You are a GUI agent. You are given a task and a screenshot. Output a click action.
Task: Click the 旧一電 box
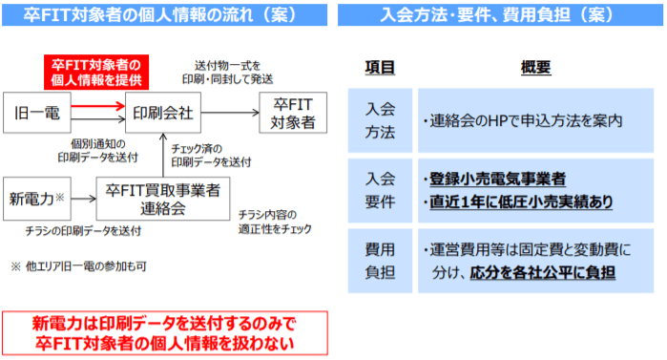(x=38, y=113)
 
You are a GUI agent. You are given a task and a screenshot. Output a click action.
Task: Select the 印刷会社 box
(x=163, y=113)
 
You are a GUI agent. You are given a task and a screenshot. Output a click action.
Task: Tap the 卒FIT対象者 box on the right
(x=292, y=113)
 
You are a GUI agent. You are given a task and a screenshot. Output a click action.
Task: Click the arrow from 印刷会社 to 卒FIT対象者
(x=230, y=113)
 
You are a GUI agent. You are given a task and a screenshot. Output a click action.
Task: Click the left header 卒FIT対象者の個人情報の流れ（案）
(x=164, y=14)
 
